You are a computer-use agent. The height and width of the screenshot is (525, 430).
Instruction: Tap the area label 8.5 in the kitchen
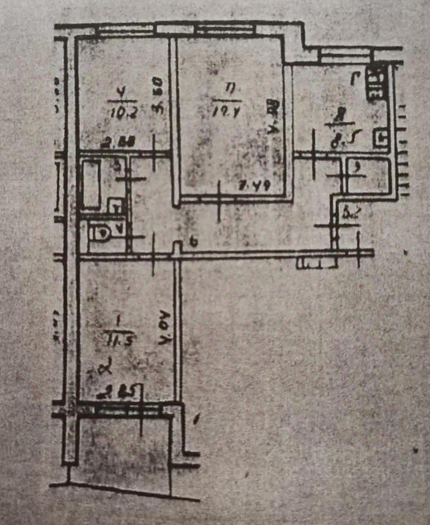(x=339, y=138)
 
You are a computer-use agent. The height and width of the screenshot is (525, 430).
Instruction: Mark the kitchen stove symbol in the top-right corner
(x=376, y=84)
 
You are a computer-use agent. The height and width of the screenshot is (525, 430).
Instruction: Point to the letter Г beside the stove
(x=355, y=79)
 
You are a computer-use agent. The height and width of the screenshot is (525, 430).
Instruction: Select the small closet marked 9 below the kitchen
(x=368, y=175)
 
